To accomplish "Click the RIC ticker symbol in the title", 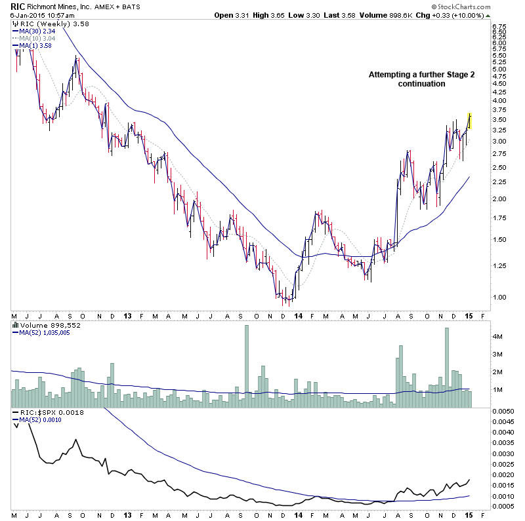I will click(18, 6).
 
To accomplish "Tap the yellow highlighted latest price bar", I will click(470, 120).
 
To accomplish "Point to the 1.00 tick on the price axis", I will click(499, 298).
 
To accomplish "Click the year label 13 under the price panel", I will click(127, 315).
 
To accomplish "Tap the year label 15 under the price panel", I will click(469, 315).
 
